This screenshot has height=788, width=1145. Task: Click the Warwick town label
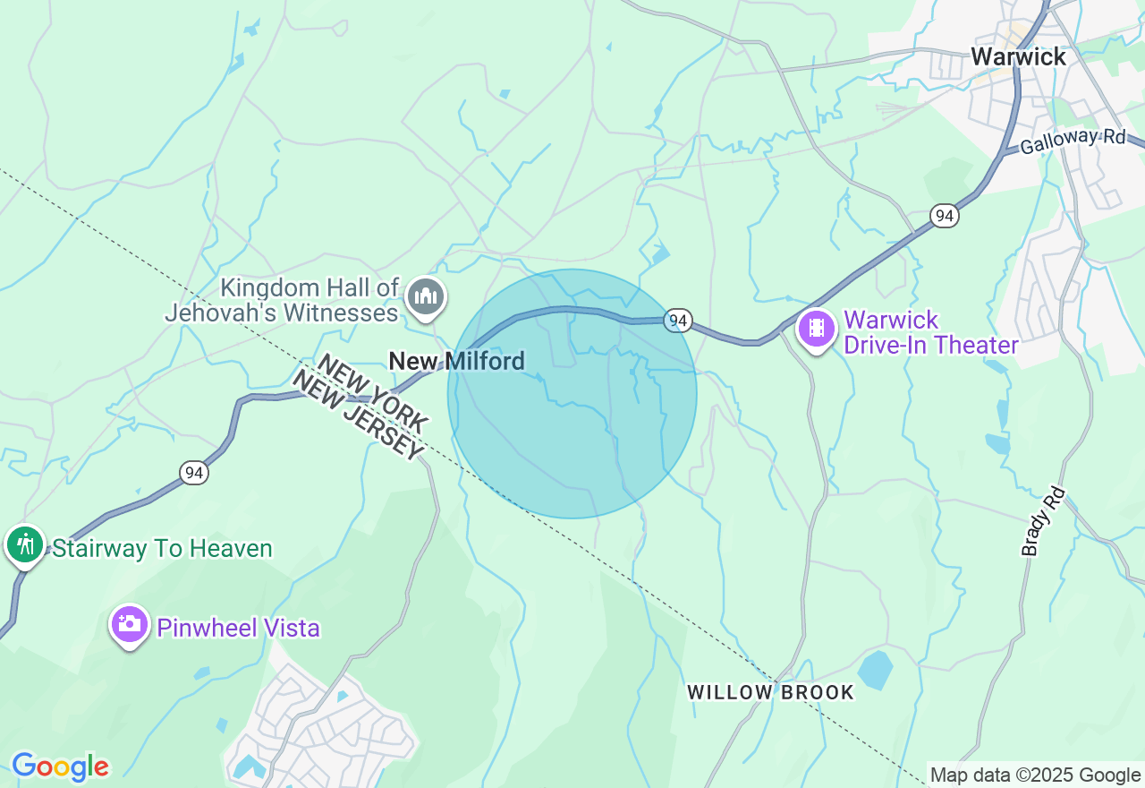coord(1018,56)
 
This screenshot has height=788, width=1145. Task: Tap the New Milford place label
coord(456,361)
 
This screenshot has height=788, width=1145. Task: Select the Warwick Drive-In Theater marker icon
coord(816,329)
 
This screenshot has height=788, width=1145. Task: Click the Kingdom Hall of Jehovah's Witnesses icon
coord(426,296)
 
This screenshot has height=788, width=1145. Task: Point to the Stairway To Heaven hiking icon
coord(25,544)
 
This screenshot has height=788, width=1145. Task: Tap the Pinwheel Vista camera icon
coord(130,624)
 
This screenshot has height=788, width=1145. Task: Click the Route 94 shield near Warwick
coord(944,216)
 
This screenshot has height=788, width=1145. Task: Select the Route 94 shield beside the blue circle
coord(678,321)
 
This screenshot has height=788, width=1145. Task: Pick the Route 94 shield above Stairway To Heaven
coord(194,473)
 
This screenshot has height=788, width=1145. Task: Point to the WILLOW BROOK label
coord(770,692)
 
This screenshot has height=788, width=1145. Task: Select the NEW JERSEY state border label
coord(356,416)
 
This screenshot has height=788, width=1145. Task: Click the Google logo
coord(60,767)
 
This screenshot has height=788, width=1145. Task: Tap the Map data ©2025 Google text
coord(1035,775)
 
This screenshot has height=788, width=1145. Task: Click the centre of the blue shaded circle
coord(572,394)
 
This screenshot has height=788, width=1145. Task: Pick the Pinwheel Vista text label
coord(238,628)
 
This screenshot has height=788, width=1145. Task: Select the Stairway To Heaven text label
coord(162,548)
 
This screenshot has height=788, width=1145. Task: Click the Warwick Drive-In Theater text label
coord(930,332)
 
